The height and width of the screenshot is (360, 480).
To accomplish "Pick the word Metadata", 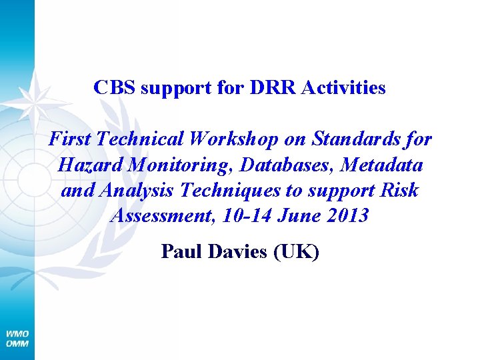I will pos(383,165).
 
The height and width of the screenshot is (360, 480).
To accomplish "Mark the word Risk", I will pos(401,190).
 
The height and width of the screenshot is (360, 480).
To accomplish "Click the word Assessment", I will pos(156,215).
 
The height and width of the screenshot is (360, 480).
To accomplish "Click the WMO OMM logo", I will pos(17,338).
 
